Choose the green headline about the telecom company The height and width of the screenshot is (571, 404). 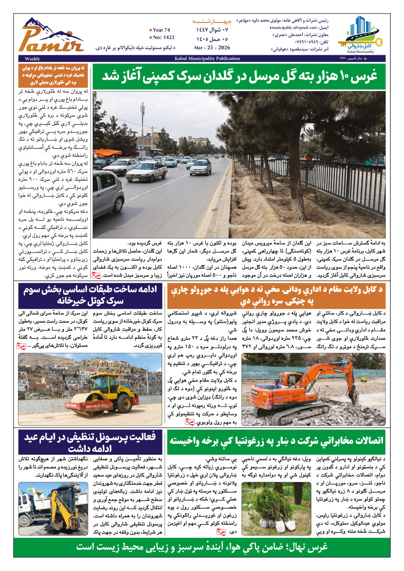point(277,441)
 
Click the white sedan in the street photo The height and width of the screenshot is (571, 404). point(147,171)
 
